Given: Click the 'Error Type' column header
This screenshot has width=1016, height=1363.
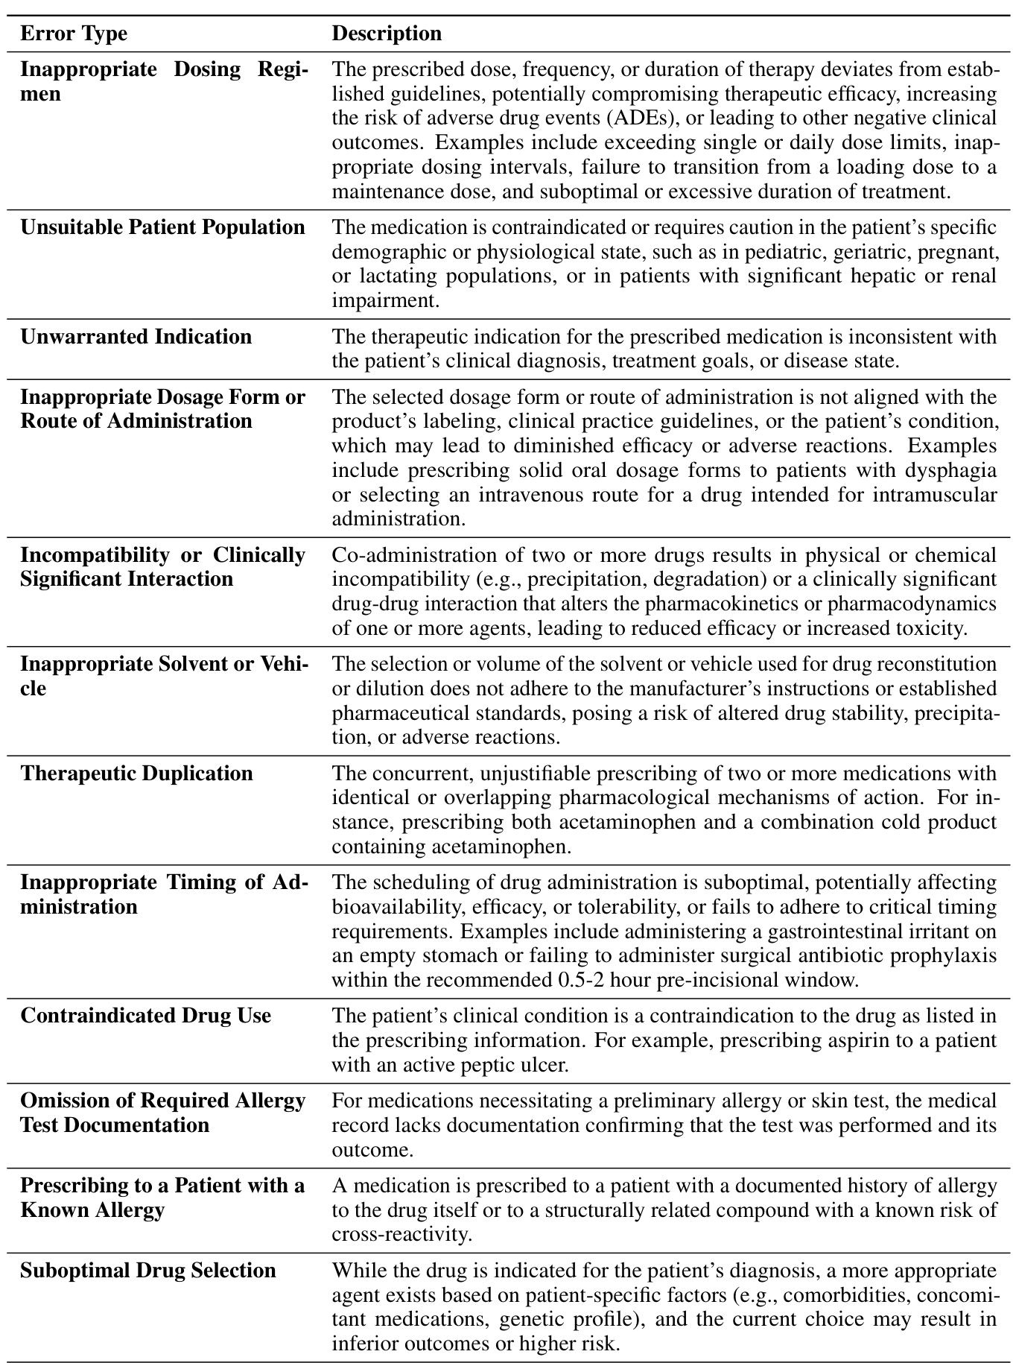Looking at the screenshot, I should click(x=73, y=34).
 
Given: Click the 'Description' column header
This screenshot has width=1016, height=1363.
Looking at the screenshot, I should click(x=386, y=34).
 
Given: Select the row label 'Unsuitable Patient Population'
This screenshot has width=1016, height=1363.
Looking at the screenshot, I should click(x=162, y=227).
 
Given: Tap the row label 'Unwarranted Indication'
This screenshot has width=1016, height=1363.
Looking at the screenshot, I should click(x=136, y=337).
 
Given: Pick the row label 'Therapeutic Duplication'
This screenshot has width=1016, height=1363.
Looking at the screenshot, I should click(x=136, y=774).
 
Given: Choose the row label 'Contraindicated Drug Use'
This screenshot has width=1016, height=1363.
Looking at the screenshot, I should click(x=145, y=1016).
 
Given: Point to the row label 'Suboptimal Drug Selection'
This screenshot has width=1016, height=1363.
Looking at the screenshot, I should click(x=147, y=1271).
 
